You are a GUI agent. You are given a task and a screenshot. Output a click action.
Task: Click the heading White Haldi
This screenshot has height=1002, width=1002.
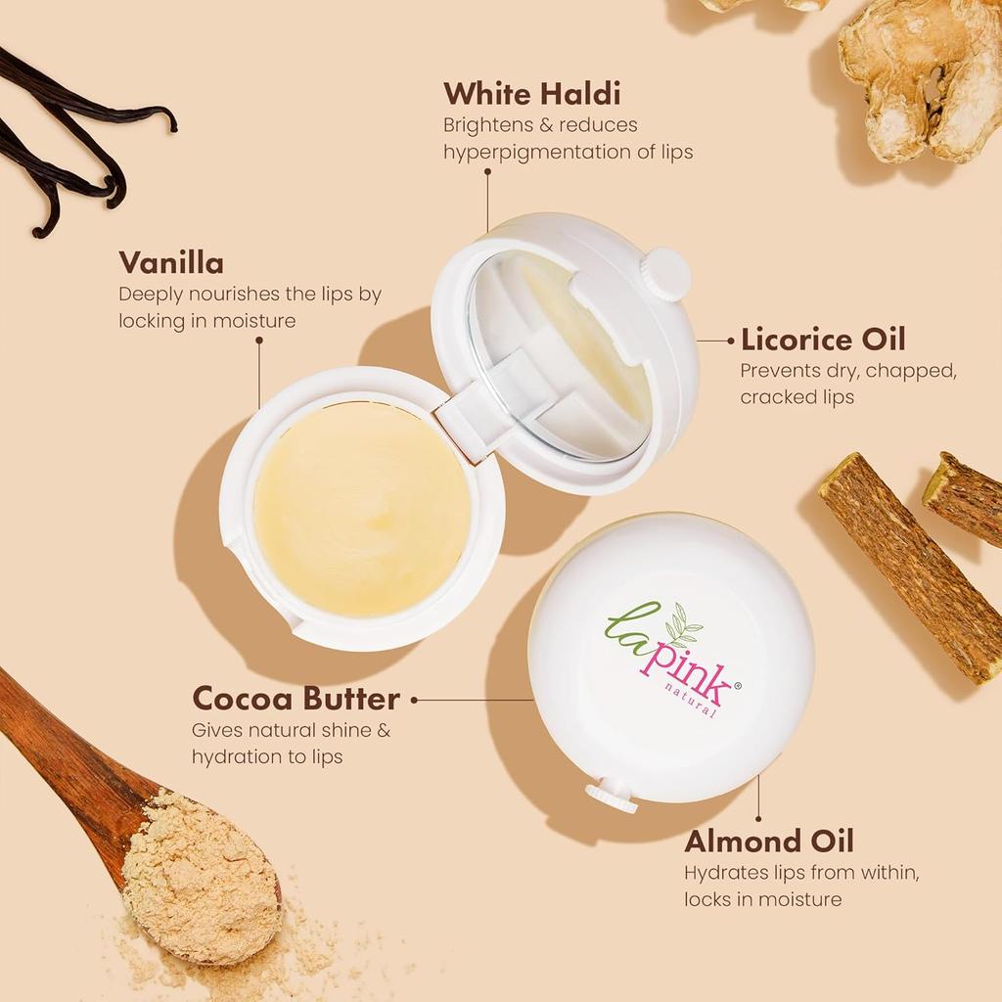point(531,94)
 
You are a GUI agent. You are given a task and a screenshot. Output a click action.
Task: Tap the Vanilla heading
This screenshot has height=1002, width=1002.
point(170,263)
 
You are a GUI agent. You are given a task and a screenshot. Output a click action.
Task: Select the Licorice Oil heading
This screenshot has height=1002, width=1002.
point(822,340)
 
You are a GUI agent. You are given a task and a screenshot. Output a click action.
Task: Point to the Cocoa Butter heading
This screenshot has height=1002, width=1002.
point(296,699)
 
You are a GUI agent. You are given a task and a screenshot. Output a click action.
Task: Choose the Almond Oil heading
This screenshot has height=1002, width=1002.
point(768,842)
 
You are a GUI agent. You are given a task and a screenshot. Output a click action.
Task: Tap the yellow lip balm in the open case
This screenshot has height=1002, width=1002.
point(362,509)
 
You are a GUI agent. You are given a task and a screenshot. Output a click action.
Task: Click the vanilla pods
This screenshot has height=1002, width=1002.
point(68,147)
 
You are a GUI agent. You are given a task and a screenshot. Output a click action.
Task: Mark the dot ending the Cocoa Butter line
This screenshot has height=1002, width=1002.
point(415,700)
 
